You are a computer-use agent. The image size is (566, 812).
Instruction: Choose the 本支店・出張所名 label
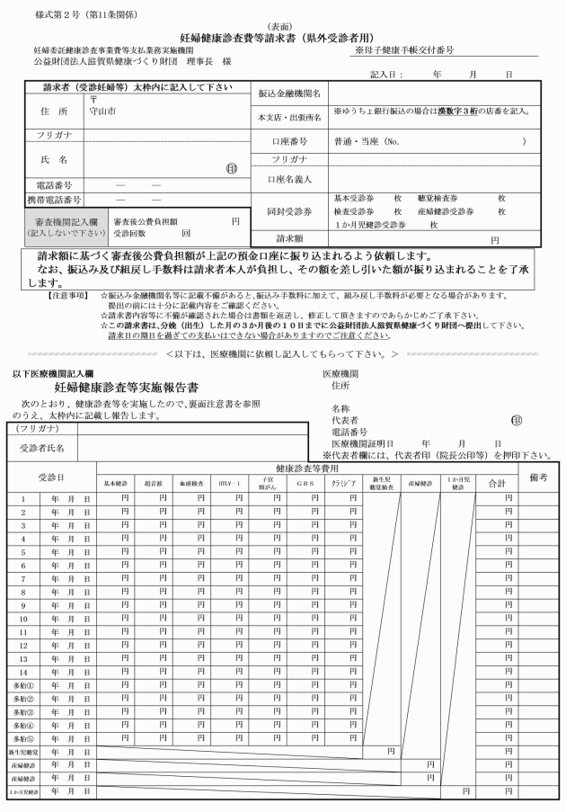(289, 118)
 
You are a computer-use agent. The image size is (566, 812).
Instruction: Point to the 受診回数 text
(132, 232)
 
